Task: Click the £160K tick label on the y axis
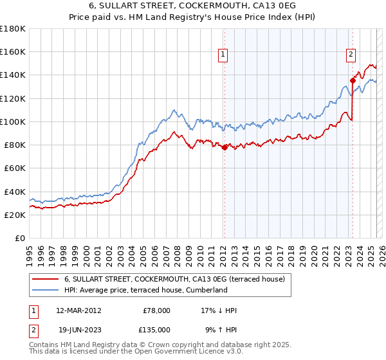[13, 51]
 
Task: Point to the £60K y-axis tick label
[15, 168]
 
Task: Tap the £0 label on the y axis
[20, 238]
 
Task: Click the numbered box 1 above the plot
[222, 55]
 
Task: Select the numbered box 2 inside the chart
[351, 55]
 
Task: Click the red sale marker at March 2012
[225, 147]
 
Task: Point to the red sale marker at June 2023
[353, 80]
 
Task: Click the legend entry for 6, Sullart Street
[178, 279]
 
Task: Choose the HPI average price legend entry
[146, 290]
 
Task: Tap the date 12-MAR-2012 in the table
[79, 310]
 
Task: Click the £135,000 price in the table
[156, 329]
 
